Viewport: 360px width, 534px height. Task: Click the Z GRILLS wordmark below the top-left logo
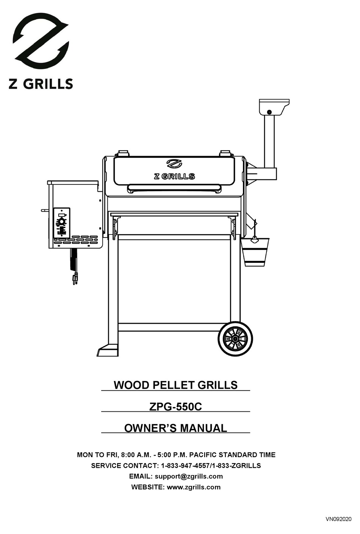41,84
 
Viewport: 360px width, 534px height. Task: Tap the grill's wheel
235,338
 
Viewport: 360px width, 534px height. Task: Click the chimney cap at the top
274,106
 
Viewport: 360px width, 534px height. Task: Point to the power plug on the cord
75,279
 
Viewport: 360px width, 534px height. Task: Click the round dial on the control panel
61,221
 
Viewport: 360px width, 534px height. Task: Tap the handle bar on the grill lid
174,188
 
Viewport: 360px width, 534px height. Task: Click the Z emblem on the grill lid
174,164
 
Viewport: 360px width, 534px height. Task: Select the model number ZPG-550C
175,407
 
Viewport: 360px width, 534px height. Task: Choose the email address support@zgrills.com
189,476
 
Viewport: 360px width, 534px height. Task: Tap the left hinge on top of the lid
123,153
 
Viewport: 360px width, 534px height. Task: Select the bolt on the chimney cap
269,112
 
